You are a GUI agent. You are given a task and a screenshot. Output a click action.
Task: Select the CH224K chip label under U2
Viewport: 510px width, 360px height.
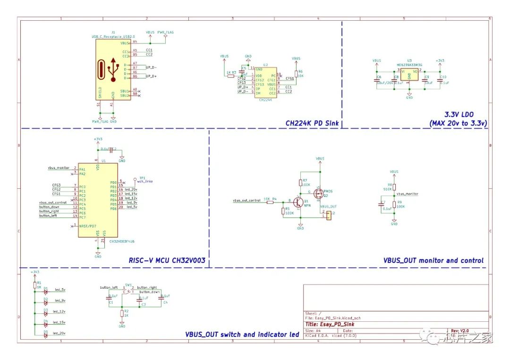(x=265, y=100)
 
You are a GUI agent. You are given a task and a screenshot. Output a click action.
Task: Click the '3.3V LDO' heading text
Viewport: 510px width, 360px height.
(x=459, y=114)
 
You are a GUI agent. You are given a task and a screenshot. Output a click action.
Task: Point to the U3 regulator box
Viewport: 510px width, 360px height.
(x=409, y=74)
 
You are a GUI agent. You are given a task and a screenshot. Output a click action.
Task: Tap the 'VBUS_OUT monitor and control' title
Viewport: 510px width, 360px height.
(x=433, y=260)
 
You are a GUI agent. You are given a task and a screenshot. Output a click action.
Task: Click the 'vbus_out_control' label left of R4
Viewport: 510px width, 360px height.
(x=246, y=201)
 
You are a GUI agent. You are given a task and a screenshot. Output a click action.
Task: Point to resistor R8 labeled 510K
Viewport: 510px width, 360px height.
(x=394, y=187)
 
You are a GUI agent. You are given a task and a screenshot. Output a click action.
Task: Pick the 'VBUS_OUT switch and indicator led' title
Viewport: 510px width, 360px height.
(x=242, y=335)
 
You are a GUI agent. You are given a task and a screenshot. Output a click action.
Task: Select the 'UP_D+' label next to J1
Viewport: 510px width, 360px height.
(x=151, y=76)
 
